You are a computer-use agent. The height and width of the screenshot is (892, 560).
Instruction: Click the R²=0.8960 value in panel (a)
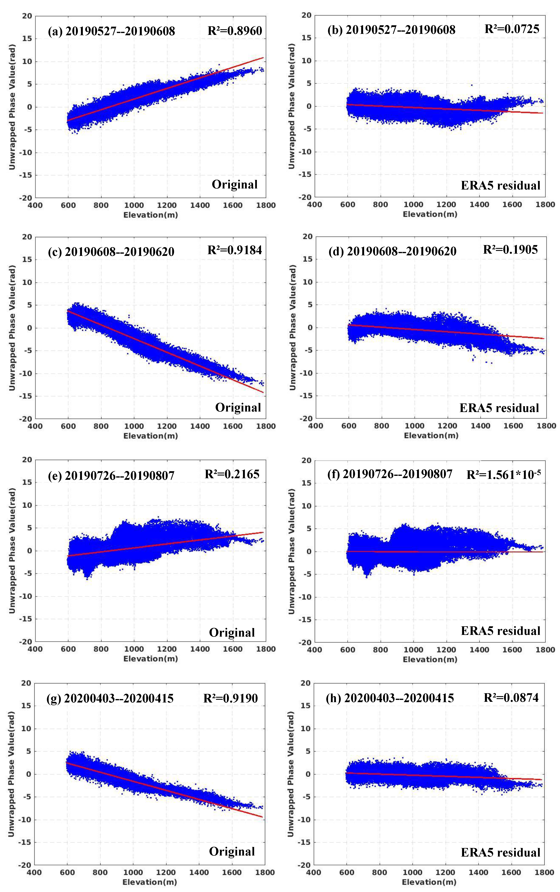point(235,31)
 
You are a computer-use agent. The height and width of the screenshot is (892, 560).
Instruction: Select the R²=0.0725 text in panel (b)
point(512,29)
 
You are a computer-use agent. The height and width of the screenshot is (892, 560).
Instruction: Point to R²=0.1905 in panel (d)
point(510,250)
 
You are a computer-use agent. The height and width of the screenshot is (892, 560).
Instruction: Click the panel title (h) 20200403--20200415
point(390,698)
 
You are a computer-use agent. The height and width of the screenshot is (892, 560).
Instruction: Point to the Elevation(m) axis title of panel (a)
point(151,215)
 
